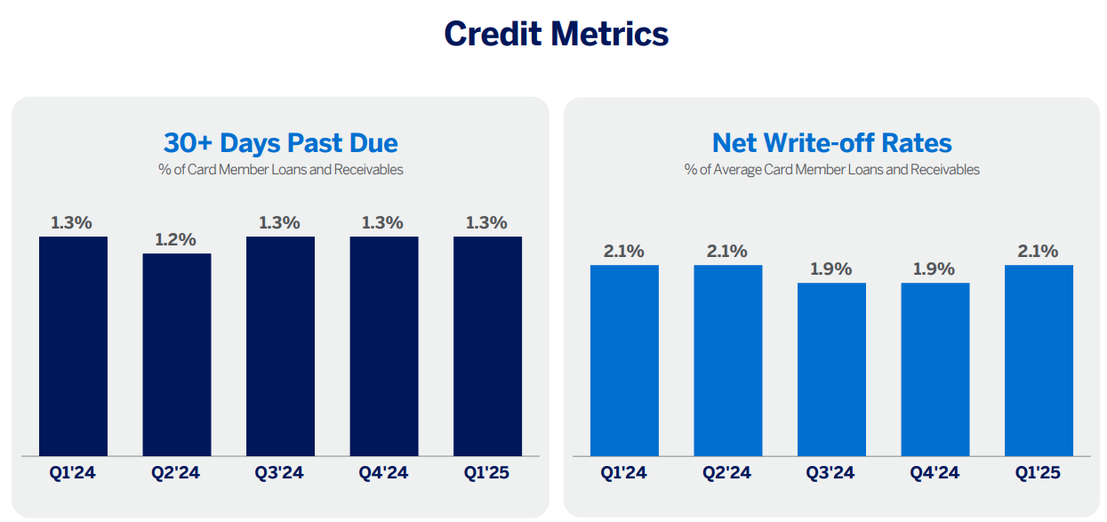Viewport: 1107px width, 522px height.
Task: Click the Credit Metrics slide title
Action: click(556, 34)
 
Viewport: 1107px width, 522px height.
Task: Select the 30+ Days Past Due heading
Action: click(280, 143)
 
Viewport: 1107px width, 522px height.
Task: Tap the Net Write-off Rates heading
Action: click(831, 143)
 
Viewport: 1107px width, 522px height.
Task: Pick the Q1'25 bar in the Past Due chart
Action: click(487, 346)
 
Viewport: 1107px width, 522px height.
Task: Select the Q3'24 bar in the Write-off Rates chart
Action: click(831, 369)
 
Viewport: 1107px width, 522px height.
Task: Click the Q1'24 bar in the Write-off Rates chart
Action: click(624, 360)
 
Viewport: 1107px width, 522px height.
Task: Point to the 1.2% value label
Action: click(177, 240)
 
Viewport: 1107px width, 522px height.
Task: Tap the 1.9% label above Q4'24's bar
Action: click(935, 269)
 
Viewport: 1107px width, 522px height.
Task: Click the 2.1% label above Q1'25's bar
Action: click(1039, 252)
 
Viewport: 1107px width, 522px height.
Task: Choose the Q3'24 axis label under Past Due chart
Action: click(280, 473)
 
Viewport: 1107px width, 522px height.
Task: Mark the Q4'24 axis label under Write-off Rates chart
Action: click(935, 473)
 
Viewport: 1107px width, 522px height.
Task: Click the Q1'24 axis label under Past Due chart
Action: click(73, 473)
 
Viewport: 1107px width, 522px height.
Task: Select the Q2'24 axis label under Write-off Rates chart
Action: click(727, 473)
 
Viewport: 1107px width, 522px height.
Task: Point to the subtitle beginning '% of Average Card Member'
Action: click(831, 169)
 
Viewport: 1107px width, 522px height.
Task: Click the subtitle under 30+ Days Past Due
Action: click(280, 169)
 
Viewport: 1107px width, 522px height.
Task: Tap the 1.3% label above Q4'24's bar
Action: click(383, 222)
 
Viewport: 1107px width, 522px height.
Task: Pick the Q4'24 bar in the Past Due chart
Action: click(383, 346)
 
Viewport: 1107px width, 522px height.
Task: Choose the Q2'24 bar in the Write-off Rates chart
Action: click(727, 360)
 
